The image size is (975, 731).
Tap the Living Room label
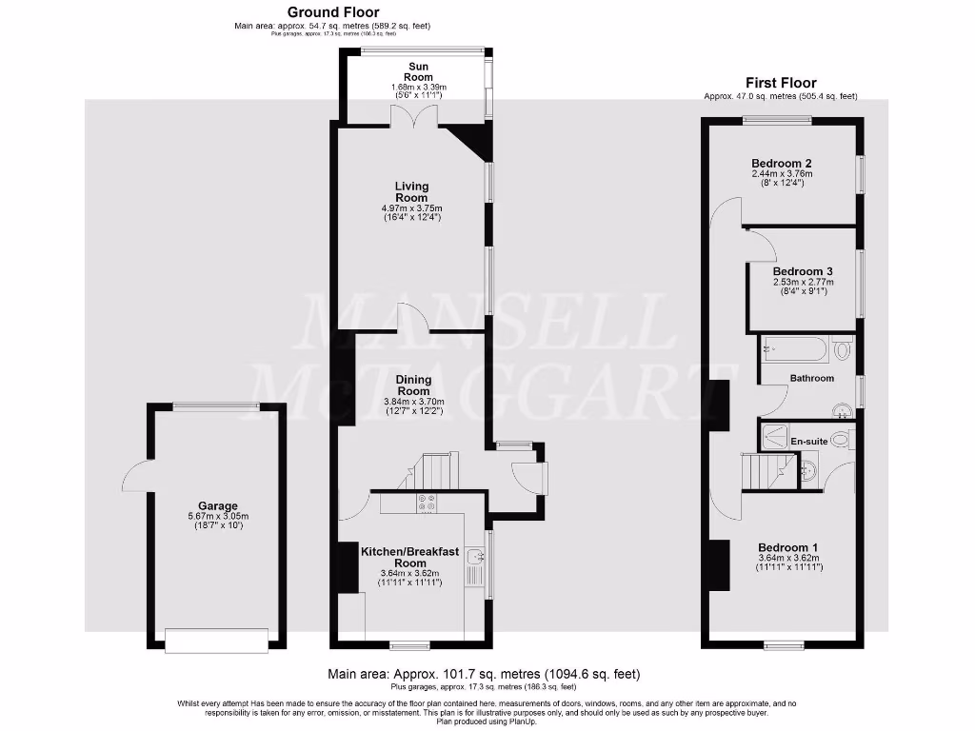[412, 192]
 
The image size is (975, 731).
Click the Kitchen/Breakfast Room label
[409, 557]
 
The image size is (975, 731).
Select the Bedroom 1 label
[787, 546]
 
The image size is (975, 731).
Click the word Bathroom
[811, 378]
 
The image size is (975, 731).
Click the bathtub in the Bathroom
[794, 350]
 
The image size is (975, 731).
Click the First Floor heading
[780, 83]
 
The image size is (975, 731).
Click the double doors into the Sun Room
[416, 116]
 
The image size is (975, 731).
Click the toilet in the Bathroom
[841, 351]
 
